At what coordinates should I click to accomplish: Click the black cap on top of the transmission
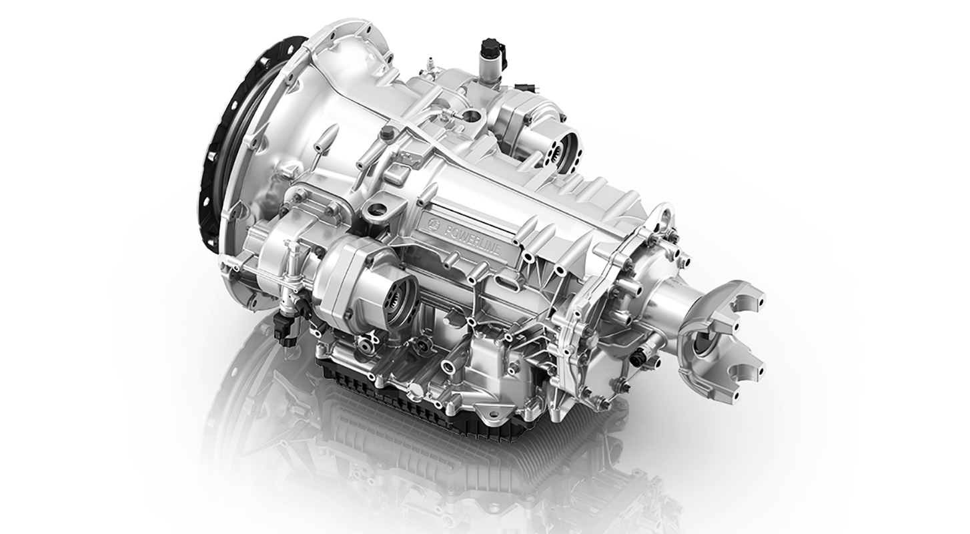click(x=491, y=50)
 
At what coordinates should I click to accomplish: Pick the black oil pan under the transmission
click(x=427, y=400)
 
